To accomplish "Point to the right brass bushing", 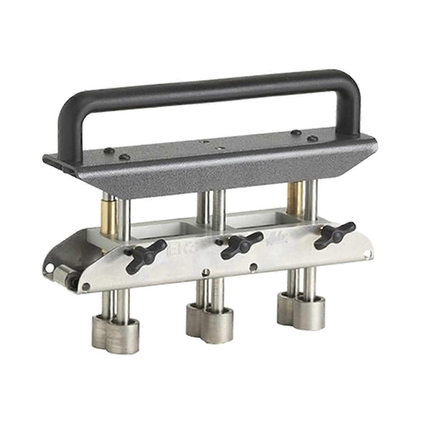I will [x=296, y=198].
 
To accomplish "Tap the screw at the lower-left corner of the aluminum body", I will [x=85, y=286].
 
